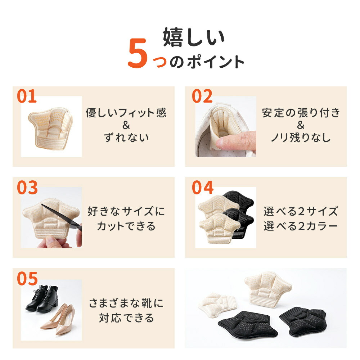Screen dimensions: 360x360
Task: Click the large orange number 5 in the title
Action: coord(137,53)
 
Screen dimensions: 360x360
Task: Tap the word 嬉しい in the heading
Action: coord(194,37)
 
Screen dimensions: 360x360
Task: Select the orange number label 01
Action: coord(27,96)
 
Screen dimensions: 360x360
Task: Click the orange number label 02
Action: coord(202,96)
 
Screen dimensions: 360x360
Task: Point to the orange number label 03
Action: coord(27,188)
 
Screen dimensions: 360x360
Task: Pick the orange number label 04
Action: coord(202,188)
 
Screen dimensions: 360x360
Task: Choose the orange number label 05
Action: coord(27,279)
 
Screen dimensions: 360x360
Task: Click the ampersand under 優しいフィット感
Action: coord(126,125)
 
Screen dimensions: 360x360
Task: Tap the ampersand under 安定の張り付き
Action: coord(301,125)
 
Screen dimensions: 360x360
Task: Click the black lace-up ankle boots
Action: coord(42,298)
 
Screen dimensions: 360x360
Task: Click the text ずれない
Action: coord(126,137)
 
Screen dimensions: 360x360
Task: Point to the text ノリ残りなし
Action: coord(301,137)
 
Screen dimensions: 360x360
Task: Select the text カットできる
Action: coord(126,226)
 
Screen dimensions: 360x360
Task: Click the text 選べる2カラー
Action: coord(301,226)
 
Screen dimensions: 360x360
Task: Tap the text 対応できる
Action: coord(126,318)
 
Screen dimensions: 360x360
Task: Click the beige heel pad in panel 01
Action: coord(50,128)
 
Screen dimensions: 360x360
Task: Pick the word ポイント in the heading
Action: coord(215,62)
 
